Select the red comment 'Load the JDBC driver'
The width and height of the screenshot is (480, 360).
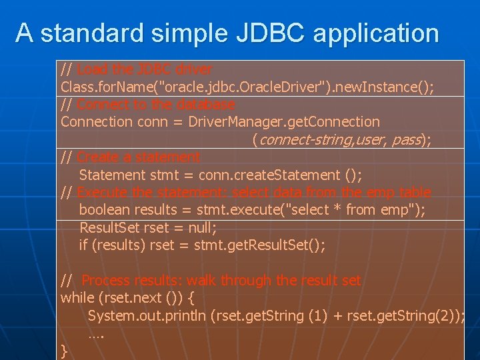tap(145, 69)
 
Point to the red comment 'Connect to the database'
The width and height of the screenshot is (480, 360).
tap(156, 104)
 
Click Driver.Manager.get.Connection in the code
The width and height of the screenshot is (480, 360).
tap(284, 122)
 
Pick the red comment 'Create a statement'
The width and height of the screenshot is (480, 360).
tap(139, 157)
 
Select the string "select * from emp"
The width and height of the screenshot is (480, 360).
tap(353, 210)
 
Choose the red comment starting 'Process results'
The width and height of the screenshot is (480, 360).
tap(221, 280)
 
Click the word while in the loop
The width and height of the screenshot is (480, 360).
tap(77, 297)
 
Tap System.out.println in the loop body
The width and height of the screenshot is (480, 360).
tap(147, 315)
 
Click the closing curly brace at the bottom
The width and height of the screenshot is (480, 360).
tap(64, 351)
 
